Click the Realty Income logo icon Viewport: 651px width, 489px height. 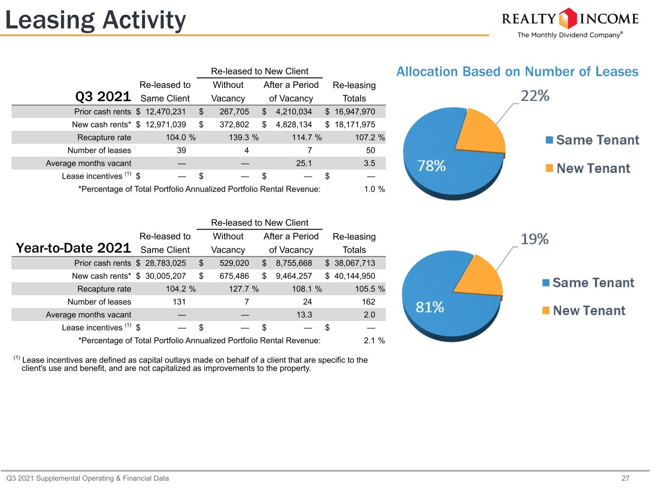(x=568, y=19)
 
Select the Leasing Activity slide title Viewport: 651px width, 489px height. (x=95, y=20)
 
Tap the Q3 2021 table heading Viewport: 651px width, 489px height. (x=103, y=96)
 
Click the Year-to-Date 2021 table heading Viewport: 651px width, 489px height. (x=73, y=248)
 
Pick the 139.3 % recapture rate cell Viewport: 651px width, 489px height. (x=244, y=138)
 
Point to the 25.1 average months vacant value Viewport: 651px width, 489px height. (x=304, y=163)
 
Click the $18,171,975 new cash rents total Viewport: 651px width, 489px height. (x=350, y=125)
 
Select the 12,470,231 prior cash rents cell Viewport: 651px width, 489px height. (x=165, y=112)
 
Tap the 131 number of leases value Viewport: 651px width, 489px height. (x=179, y=302)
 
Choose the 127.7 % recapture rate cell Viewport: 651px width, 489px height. (x=244, y=289)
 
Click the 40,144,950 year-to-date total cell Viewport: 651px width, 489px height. (x=355, y=276)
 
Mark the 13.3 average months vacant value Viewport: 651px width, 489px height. (x=304, y=315)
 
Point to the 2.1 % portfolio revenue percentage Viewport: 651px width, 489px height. (x=374, y=340)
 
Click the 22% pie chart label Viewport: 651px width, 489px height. (x=535, y=96)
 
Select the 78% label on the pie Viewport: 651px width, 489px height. (x=432, y=166)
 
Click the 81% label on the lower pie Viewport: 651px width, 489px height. (x=430, y=307)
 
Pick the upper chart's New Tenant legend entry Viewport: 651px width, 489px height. (x=588, y=169)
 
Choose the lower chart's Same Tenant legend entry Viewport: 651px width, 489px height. (x=588, y=283)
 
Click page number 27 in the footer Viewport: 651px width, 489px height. (x=625, y=478)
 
